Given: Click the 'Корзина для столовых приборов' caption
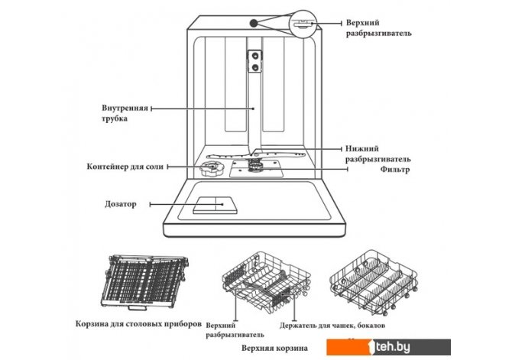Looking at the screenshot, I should coord(138,323).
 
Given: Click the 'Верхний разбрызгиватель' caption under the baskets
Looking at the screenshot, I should coord(235,329).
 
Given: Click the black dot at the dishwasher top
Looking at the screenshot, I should coord(252,23).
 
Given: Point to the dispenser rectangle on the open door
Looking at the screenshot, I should coord(214,204).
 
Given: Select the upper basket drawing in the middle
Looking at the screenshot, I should coord(261,289).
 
